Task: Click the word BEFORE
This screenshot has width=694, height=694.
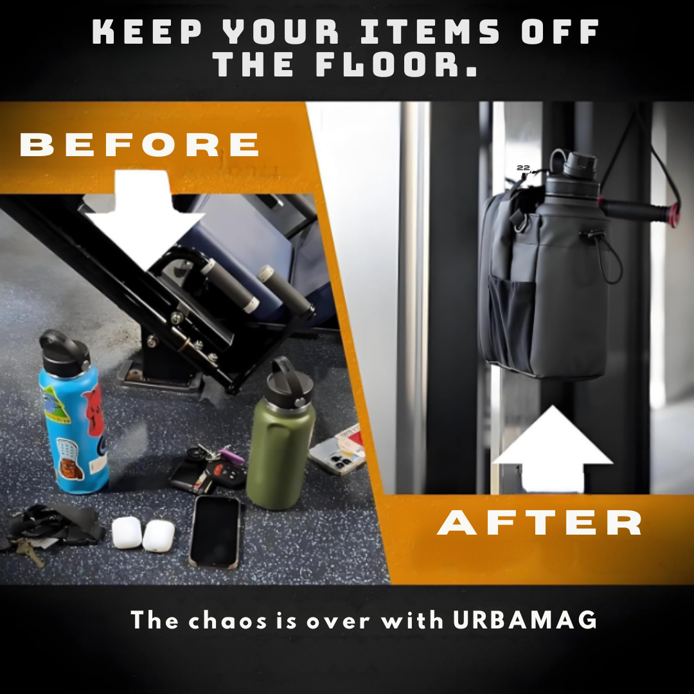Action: [x=139, y=145]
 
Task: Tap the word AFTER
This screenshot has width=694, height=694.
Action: [x=539, y=522]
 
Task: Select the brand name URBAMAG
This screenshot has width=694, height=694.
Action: [x=525, y=619]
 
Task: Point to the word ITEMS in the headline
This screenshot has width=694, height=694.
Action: [x=430, y=31]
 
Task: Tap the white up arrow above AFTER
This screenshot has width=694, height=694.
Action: [x=553, y=449]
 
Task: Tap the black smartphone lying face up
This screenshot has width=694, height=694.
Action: [x=215, y=531]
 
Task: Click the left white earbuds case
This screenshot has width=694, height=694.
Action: [x=127, y=533]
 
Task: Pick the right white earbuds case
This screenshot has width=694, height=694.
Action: [x=159, y=536]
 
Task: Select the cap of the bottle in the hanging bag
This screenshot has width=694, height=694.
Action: [x=574, y=166]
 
